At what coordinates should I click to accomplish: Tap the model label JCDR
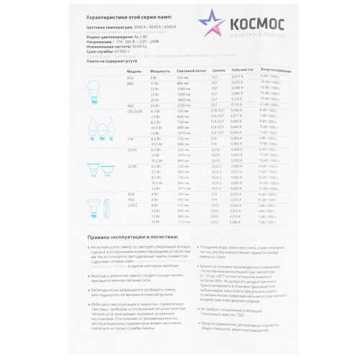132,166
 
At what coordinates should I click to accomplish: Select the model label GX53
132,205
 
